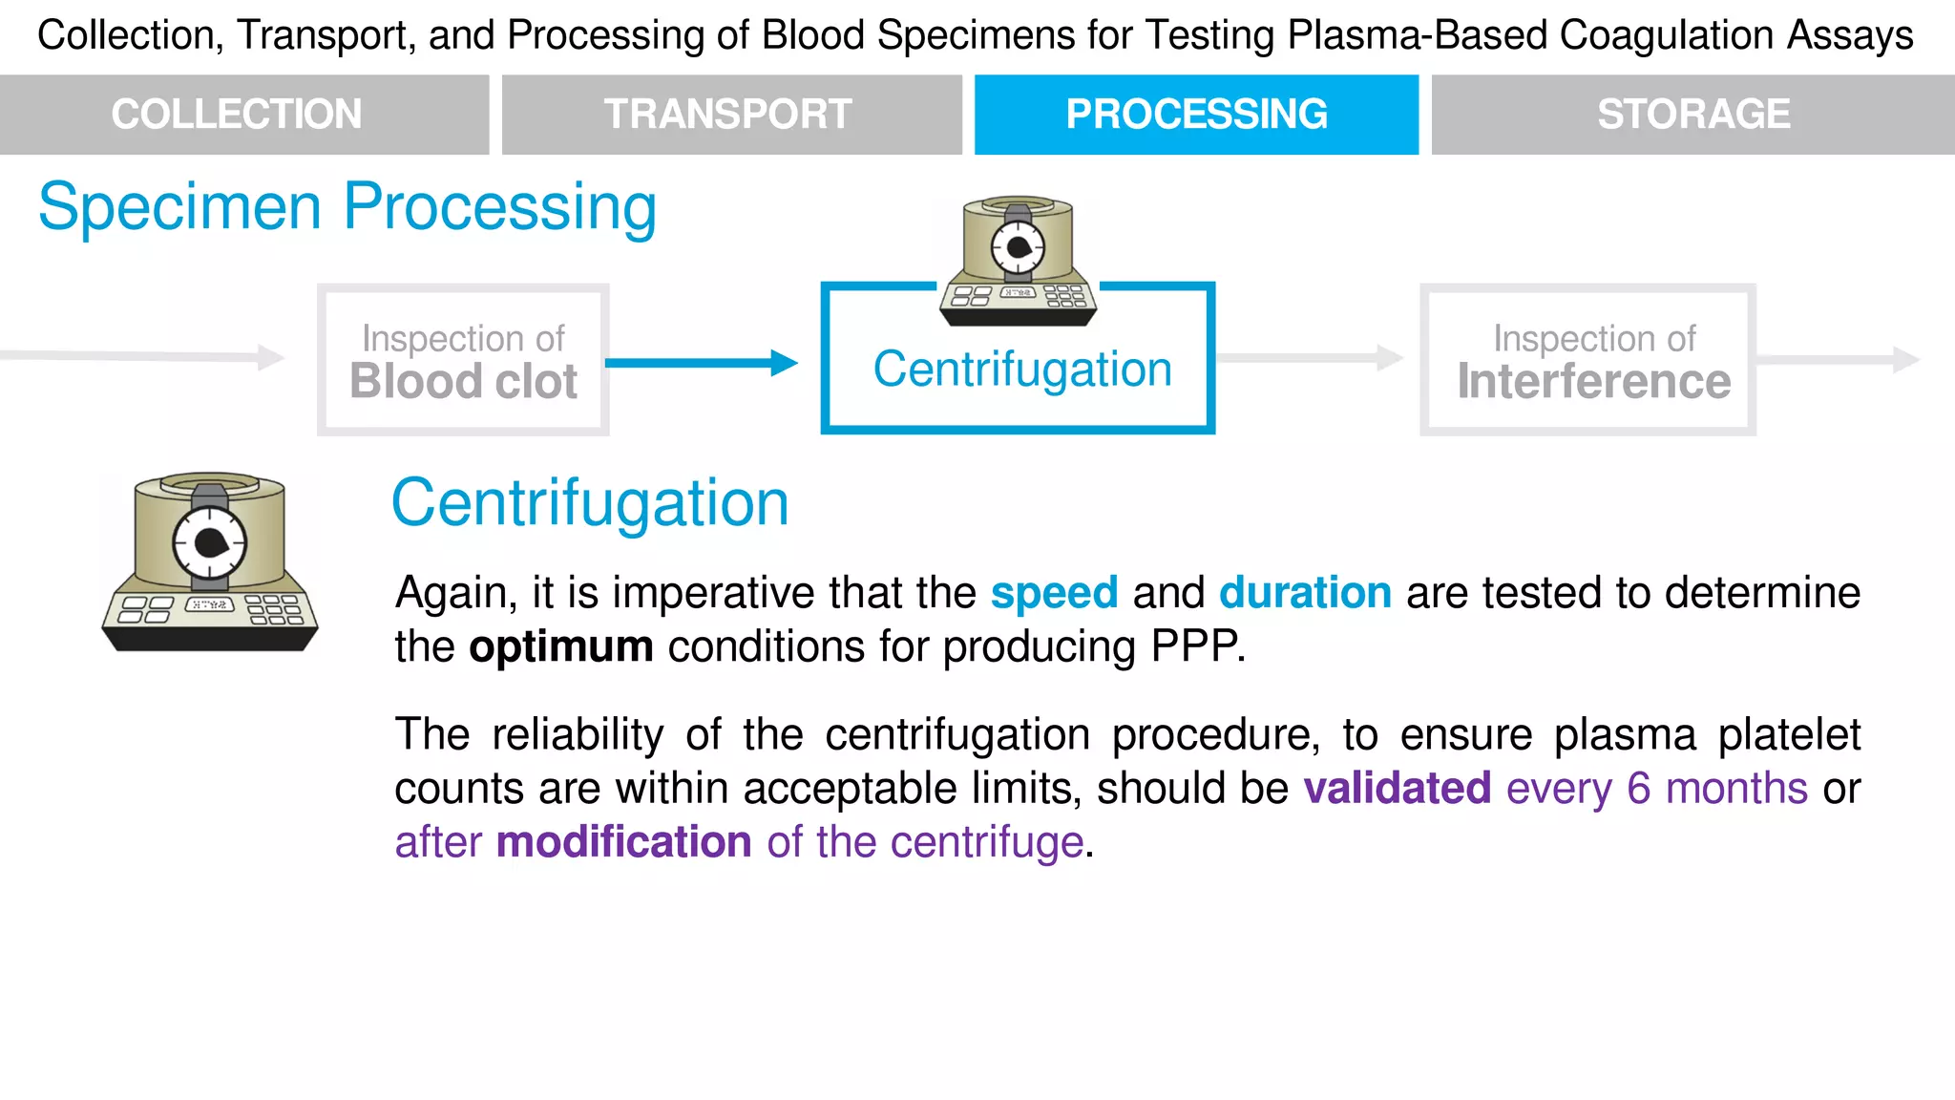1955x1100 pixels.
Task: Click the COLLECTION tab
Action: click(x=237, y=115)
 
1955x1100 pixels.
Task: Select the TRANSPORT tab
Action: click(x=728, y=115)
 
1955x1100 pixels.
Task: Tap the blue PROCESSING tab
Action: click(x=1196, y=115)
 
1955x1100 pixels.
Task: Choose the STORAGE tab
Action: click(x=1693, y=115)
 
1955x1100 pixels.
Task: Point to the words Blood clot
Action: click(x=464, y=382)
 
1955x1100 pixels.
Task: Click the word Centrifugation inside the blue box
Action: click(x=1022, y=370)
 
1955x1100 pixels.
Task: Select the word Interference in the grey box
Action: click(x=1593, y=382)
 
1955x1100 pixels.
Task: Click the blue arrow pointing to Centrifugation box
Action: click(x=702, y=363)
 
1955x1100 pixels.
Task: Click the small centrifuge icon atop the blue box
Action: click(x=1018, y=261)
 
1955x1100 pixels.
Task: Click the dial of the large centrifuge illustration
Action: click(x=210, y=543)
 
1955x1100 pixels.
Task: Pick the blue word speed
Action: click(x=1054, y=593)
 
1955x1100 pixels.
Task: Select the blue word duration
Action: click(x=1305, y=593)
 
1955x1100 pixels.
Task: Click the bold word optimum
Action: click(x=561, y=647)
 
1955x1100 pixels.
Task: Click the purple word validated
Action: click(x=1398, y=789)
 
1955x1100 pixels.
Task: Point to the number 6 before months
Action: click(x=1638, y=789)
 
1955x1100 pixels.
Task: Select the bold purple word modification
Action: click(x=624, y=843)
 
